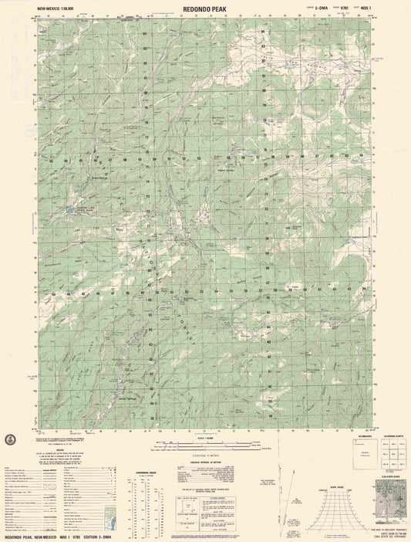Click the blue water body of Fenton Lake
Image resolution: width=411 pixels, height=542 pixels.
[x=71, y=209]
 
